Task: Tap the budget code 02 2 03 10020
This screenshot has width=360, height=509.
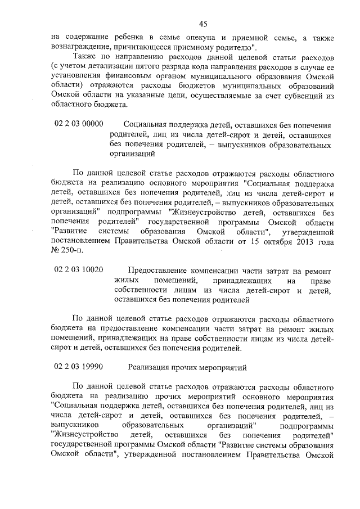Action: coord(79,270)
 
